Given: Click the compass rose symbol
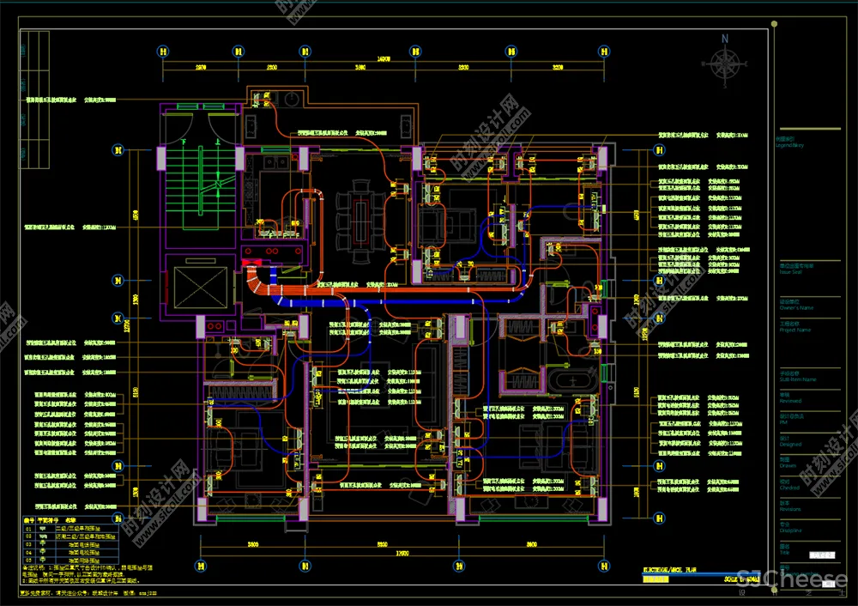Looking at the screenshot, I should click(x=726, y=65).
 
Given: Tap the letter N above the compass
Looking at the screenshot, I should click(x=726, y=39).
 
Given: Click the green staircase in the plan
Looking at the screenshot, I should click(x=198, y=184).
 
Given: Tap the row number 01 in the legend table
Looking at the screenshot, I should click(x=27, y=529).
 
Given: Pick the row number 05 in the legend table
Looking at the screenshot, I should click(x=27, y=561).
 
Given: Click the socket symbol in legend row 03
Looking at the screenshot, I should click(x=43, y=544).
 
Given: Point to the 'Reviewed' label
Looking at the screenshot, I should click(x=790, y=401).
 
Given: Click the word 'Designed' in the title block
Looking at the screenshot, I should click(x=790, y=445).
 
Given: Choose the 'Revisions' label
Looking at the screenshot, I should click(x=790, y=509).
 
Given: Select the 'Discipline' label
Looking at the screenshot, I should click(x=790, y=530).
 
